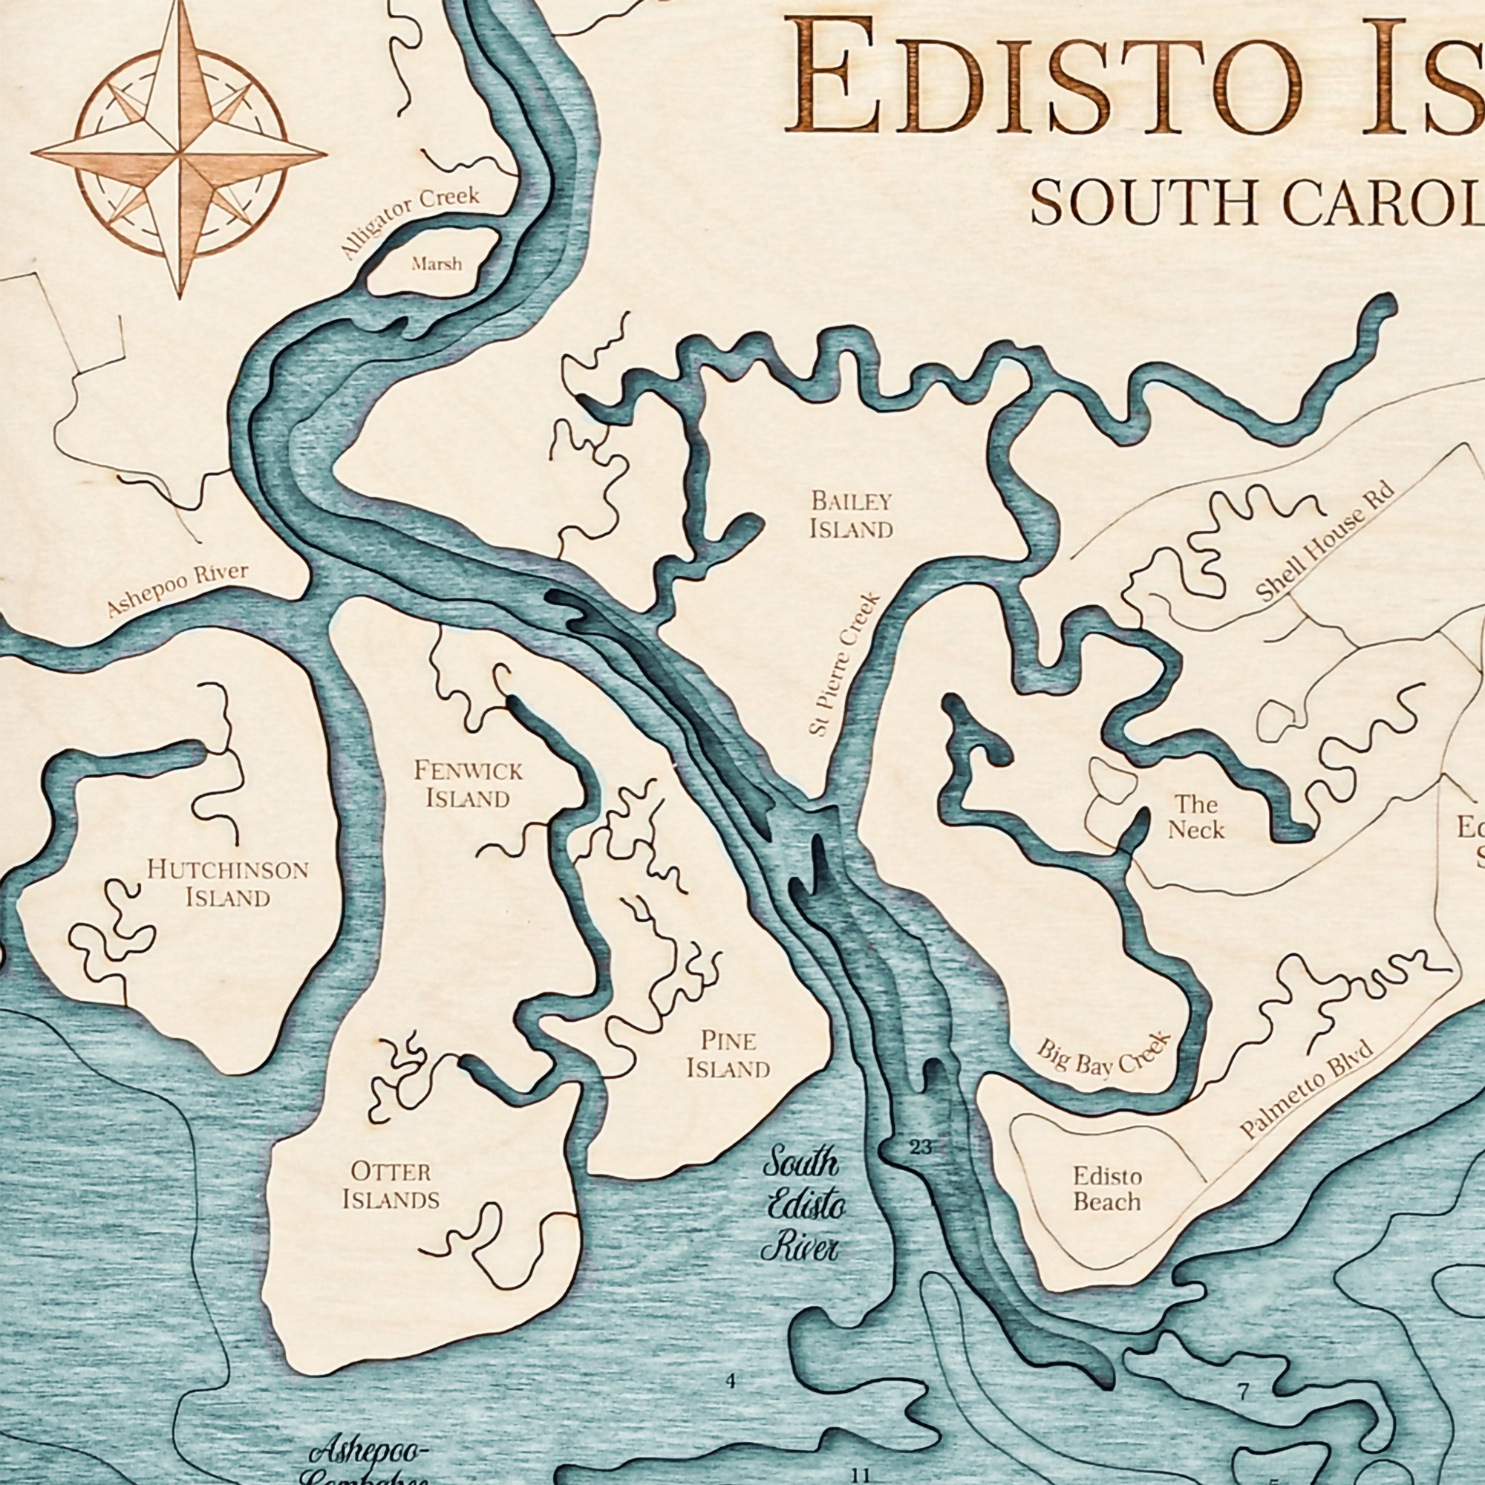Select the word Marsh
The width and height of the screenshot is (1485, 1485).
tap(437, 264)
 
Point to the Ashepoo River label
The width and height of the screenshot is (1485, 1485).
tap(177, 590)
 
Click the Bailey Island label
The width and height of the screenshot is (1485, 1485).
tap(851, 515)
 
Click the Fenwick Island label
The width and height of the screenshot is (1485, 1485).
tap(467, 784)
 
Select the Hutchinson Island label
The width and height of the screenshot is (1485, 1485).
tap(227, 884)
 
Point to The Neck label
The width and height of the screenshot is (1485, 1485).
tap(1196, 817)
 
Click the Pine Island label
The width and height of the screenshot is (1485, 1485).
tap(728, 1054)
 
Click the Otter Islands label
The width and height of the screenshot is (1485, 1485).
tap(391, 1186)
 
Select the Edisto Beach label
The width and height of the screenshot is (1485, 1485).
tap(1107, 1189)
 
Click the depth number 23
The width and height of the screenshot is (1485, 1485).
tap(920, 1149)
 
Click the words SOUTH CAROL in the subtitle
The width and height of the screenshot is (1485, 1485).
tap(1257, 202)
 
